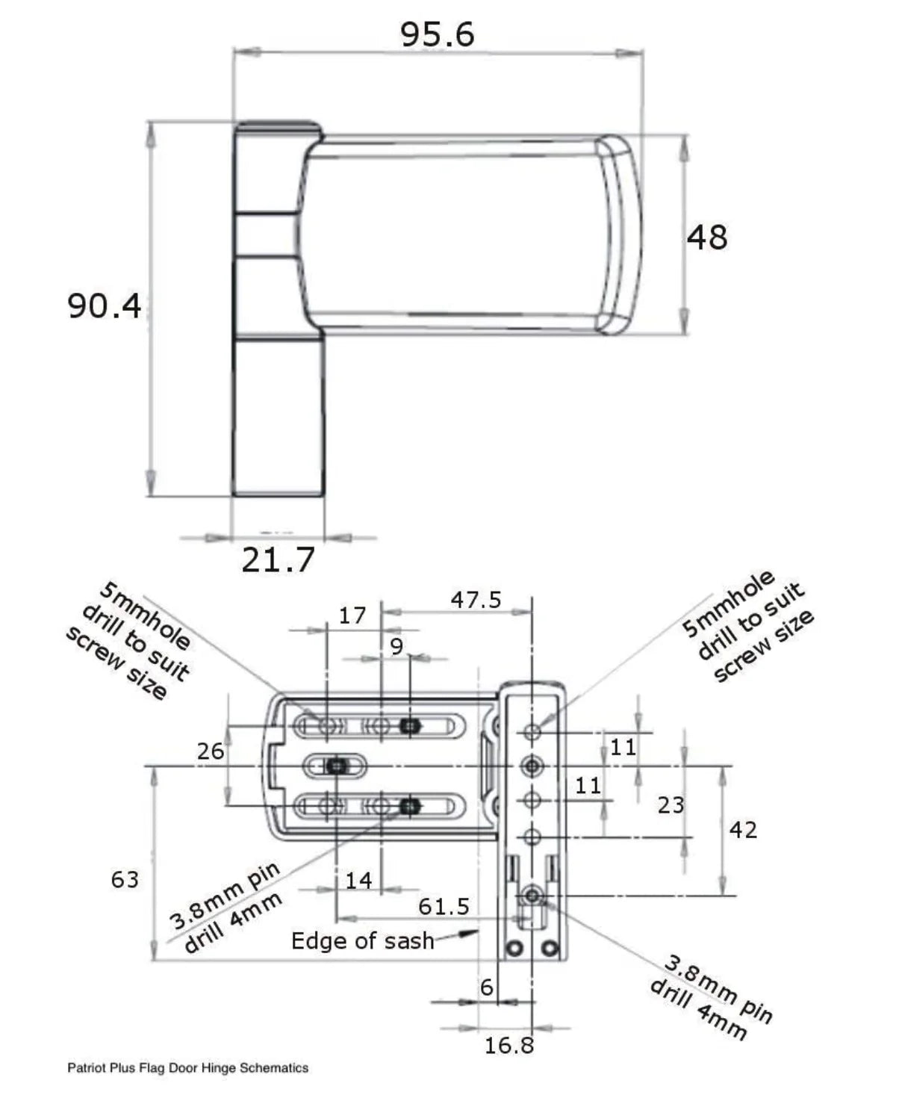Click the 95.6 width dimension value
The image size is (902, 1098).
[x=437, y=34]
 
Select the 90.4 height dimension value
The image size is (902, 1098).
[x=104, y=306]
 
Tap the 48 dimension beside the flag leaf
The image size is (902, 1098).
[x=706, y=238]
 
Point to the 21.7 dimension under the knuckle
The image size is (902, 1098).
[x=278, y=559]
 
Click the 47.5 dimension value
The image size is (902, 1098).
[x=476, y=600]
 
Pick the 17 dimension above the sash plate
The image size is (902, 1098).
[x=352, y=616]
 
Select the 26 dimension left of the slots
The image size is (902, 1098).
[x=211, y=751]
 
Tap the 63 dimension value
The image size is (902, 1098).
[x=125, y=880]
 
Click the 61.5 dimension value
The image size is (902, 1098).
[x=444, y=907]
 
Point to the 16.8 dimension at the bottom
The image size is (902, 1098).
[x=509, y=1046]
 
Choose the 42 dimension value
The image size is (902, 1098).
[x=743, y=830]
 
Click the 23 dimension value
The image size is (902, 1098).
[x=671, y=805]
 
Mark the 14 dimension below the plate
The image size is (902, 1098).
[x=358, y=881]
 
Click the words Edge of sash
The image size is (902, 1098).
[x=362, y=941]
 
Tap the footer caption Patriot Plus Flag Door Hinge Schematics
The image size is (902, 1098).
[x=187, y=1068]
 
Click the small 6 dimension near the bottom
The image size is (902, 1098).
[x=487, y=987]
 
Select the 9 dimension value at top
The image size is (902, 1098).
[x=396, y=646]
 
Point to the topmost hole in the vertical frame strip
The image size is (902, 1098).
[x=532, y=731]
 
